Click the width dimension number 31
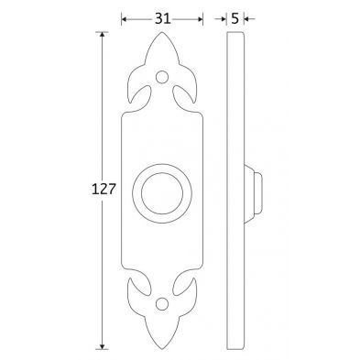coord(162,19)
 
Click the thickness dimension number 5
coord(235,19)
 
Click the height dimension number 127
coord(104,190)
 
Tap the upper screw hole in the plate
coord(162,77)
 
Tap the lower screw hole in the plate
coord(162,303)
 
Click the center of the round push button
coord(162,193)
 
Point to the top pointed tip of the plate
coord(162,32)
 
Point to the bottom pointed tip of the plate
coord(162,349)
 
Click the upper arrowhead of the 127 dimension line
coord(103,34)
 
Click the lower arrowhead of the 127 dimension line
coord(103,346)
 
